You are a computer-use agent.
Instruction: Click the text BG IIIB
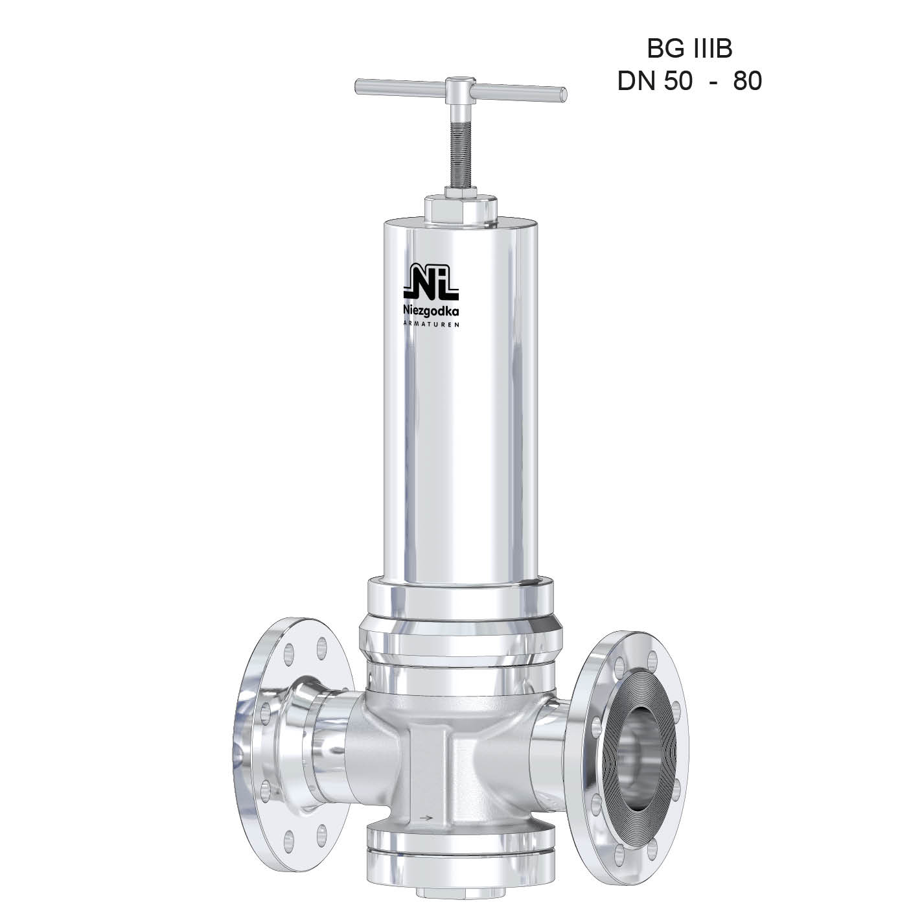click(x=689, y=49)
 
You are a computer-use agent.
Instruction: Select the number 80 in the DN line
click(x=747, y=82)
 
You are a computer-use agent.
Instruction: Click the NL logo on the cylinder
click(x=432, y=282)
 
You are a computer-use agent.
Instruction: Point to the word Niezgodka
click(x=432, y=311)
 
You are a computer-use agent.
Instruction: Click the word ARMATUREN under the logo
click(x=432, y=324)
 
